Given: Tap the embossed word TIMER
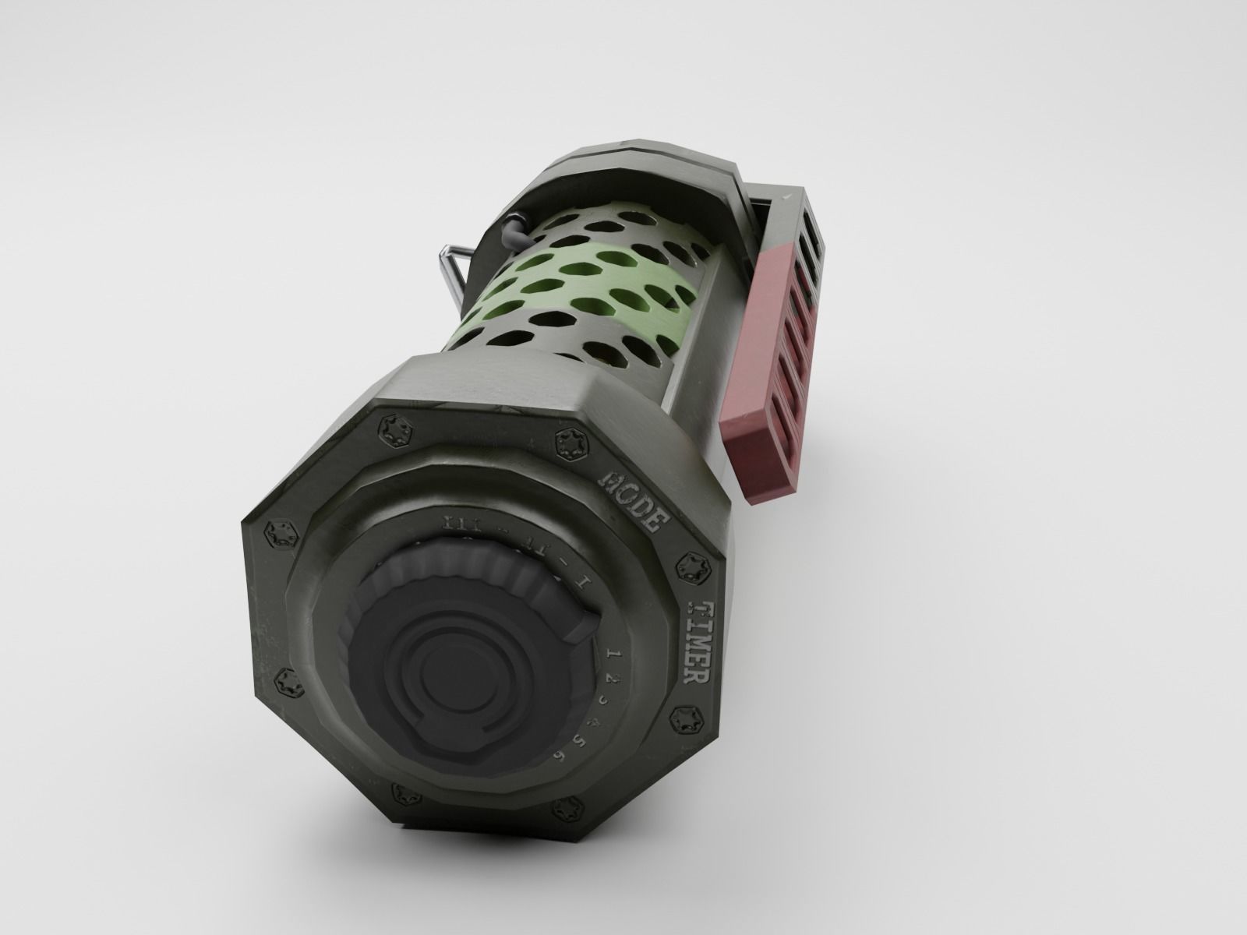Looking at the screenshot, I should click(697, 642).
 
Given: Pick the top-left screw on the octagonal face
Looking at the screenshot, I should click(390, 429).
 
